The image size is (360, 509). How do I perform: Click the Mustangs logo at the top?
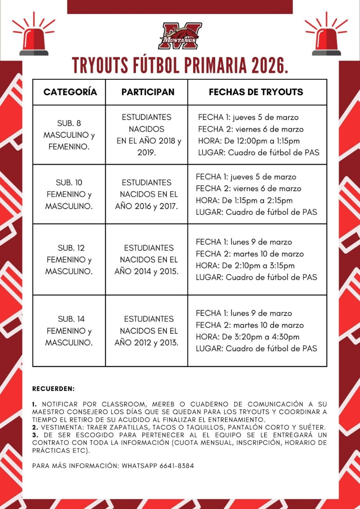pyautogui.click(x=180, y=36)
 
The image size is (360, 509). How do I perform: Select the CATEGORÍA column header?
pyautogui.click(x=70, y=92)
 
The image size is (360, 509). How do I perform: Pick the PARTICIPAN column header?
pyautogui.click(x=148, y=92)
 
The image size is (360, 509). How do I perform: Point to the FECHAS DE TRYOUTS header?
pyautogui.click(x=256, y=92)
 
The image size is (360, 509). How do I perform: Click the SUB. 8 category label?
pyautogui.click(x=69, y=123)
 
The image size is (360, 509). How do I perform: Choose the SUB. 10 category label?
pyautogui.click(x=69, y=183)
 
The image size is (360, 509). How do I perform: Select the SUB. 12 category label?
pyautogui.click(x=71, y=248)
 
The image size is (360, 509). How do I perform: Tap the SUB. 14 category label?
pyautogui.click(x=71, y=319)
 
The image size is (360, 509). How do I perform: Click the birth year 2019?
pyautogui.click(x=146, y=152)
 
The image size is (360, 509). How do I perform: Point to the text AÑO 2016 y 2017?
pyautogui.click(x=147, y=206)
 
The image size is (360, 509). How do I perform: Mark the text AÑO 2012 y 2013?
pyautogui.click(x=147, y=343)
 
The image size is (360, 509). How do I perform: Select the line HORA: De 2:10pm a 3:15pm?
pyautogui.click(x=245, y=265)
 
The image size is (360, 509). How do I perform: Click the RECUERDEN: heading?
pyautogui.click(x=53, y=389)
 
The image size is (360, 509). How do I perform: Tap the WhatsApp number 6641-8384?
pyautogui.click(x=177, y=466)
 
